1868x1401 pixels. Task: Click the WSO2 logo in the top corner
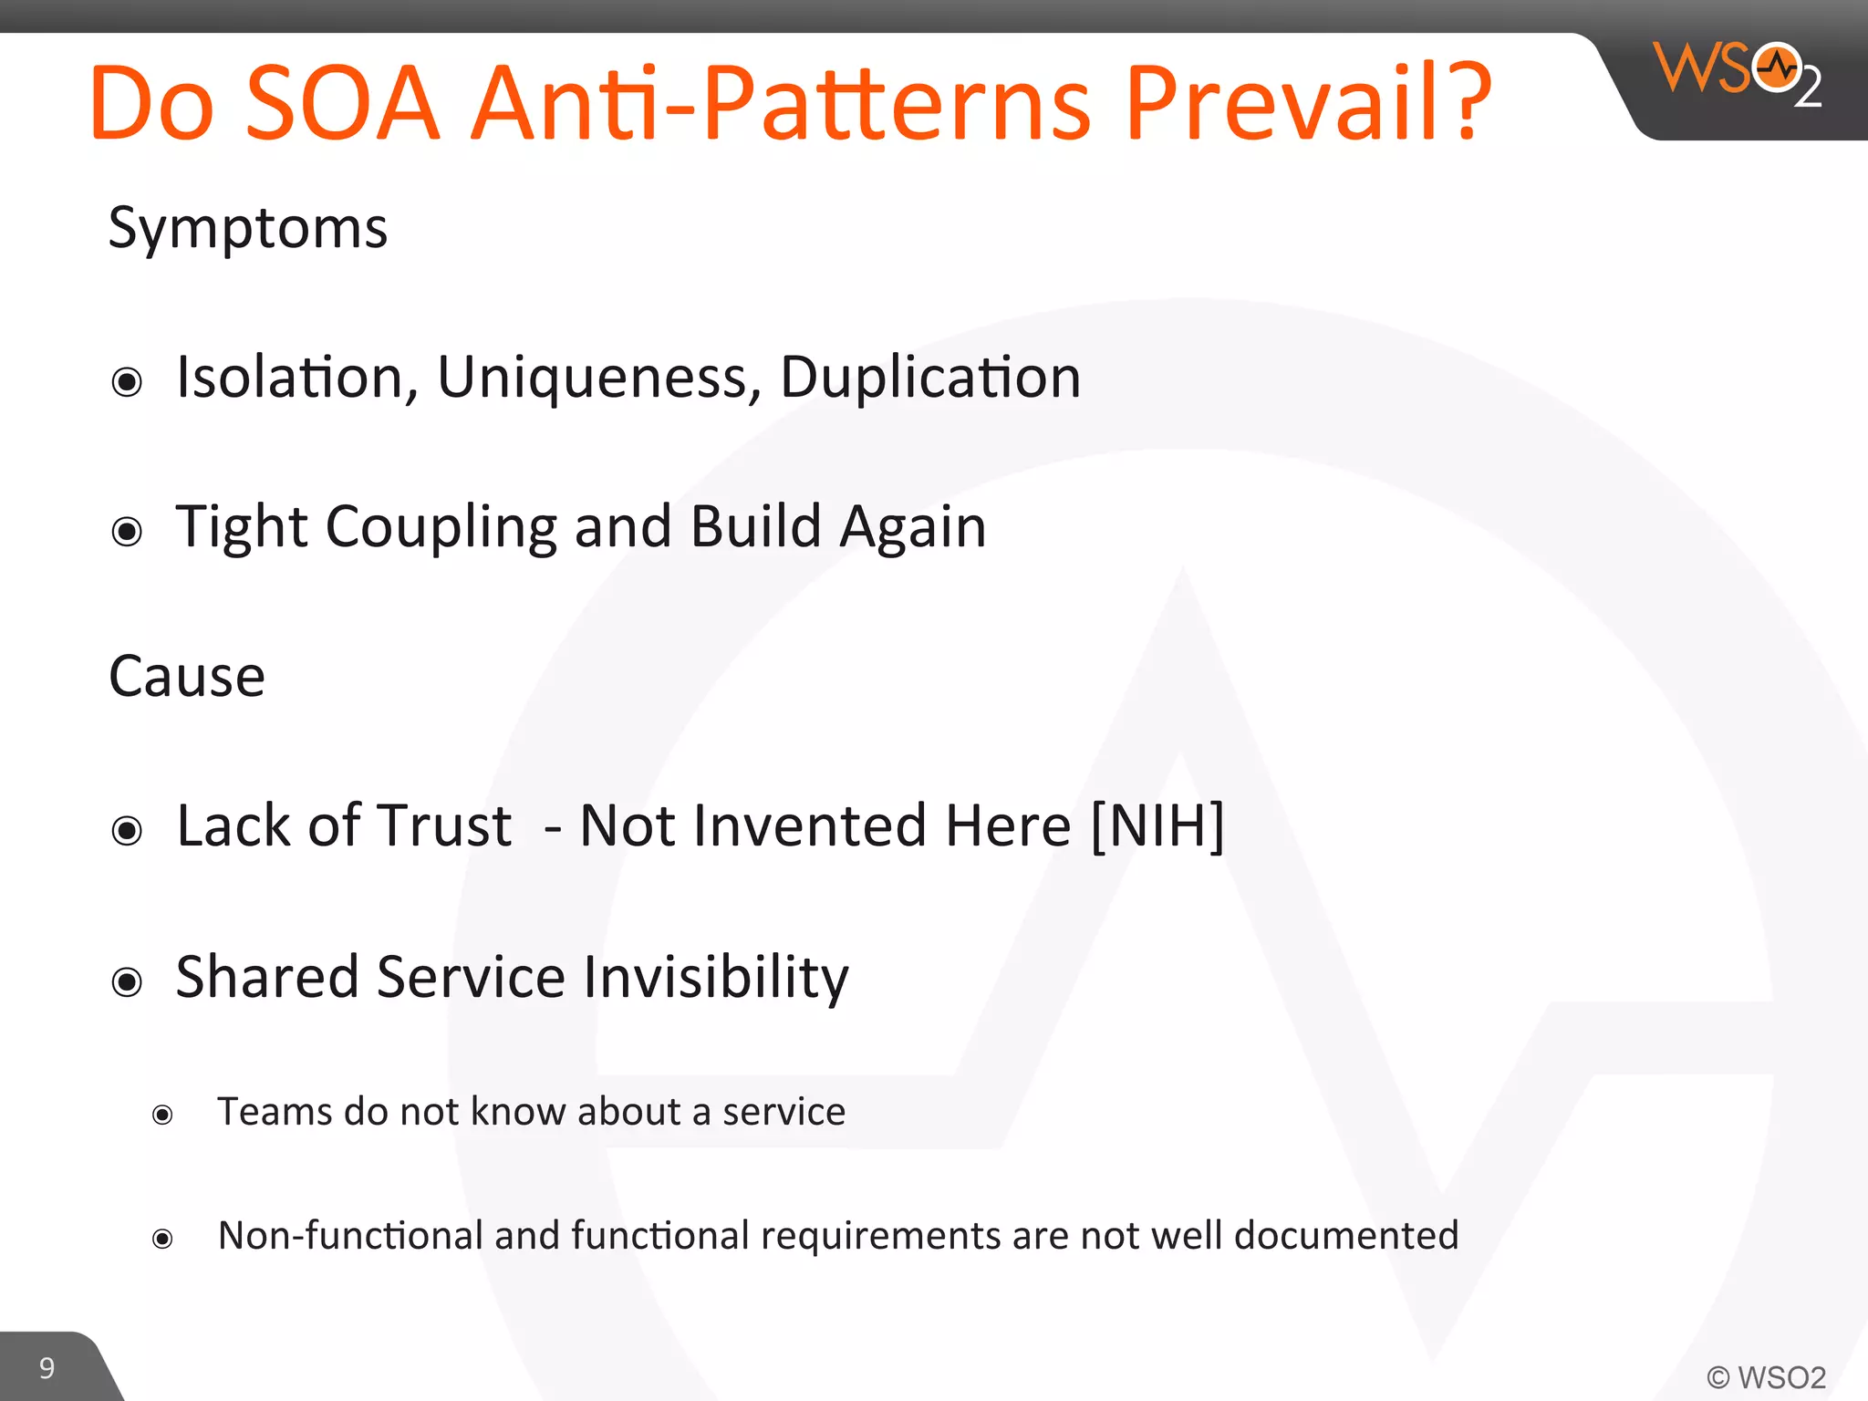(x=1736, y=73)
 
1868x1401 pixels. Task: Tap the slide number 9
(x=47, y=1368)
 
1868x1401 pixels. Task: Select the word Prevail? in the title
(x=1308, y=102)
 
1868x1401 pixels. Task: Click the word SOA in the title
(x=342, y=102)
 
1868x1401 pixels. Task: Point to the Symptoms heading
(x=247, y=228)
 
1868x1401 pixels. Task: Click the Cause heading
(x=187, y=677)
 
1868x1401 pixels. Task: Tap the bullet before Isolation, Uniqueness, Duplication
(x=127, y=381)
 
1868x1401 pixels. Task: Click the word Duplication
(x=929, y=378)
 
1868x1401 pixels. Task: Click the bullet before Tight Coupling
(x=127, y=531)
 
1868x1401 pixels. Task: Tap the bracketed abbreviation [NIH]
(x=1157, y=826)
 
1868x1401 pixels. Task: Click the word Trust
(x=444, y=826)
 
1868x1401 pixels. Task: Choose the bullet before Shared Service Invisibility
(x=127, y=982)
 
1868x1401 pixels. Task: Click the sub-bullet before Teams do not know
(x=162, y=1115)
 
